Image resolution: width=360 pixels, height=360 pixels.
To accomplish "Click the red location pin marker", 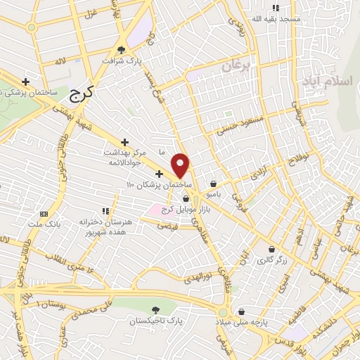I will [x=181, y=165].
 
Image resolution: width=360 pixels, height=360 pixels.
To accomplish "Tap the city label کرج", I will [x=84, y=91].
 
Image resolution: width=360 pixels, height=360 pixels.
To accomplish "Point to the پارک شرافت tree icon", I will [x=122, y=49].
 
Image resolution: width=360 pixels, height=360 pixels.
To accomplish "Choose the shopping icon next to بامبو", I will [x=213, y=184].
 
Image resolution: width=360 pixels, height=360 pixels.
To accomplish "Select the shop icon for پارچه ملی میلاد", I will [x=242, y=311].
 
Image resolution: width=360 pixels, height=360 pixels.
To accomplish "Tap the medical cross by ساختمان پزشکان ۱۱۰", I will [x=160, y=174].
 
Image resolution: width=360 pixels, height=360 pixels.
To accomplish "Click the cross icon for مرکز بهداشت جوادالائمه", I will [x=125, y=143].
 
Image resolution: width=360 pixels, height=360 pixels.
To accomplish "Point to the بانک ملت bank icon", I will [x=44, y=214].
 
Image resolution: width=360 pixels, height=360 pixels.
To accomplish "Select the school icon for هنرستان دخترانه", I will [x=106, y=210].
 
